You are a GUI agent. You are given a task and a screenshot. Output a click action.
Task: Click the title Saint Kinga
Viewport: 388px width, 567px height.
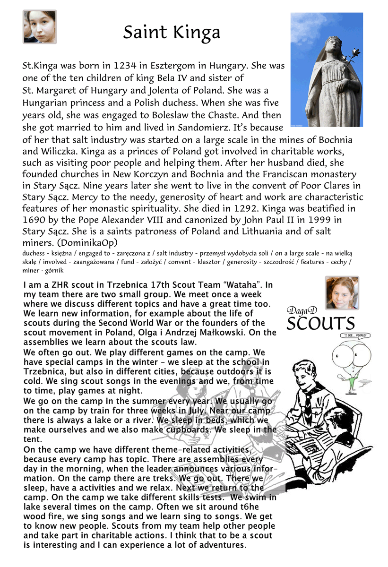(x=172, y=33)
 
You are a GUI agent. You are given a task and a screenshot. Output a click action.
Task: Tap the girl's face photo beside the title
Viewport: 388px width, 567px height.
(x=40, y=26)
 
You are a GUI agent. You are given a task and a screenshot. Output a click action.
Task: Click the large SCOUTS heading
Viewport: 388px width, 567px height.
(x=321, y=324)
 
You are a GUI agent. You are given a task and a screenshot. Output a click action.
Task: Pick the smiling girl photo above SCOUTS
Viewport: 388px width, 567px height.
(x=341, y=293)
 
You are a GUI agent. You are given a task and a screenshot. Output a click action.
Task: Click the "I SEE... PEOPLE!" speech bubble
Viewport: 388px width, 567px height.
(x=355, y=335)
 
